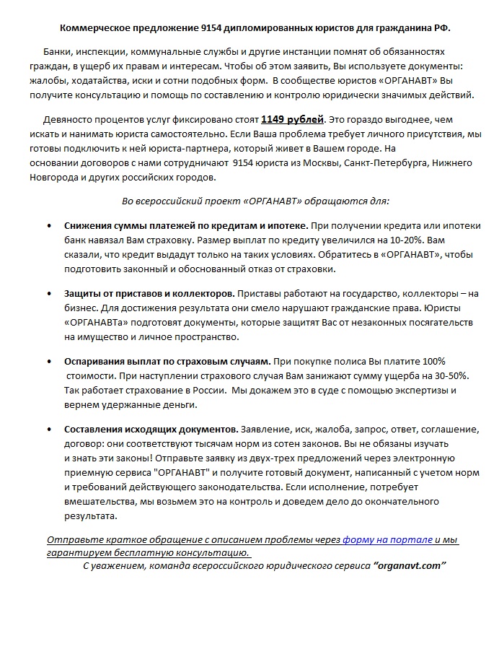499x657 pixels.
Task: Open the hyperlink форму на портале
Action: click(x=387, y=539)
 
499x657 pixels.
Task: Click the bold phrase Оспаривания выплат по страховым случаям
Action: click(x=167, y=361)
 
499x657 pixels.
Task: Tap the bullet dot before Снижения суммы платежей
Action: click(x=48, y=227)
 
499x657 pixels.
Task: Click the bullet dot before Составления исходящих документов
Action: click(x=48, y=429)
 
